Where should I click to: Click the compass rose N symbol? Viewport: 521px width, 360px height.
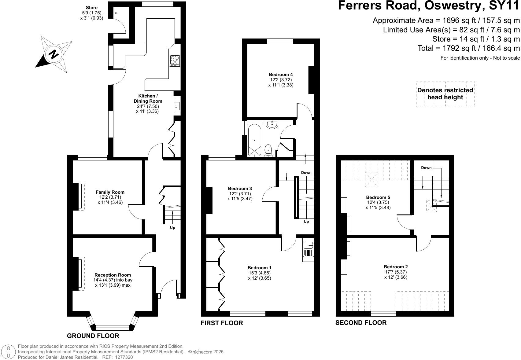pyautogui.click(x=54, y=55)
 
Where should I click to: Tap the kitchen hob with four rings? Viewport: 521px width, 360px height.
pyautogui.click(x=175, y=60)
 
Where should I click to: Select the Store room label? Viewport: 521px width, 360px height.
pyautogui.click(x=92, y=8)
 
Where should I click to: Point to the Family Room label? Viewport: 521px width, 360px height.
pyautogui.click(x=110, y=192)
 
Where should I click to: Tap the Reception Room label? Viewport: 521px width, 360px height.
pyautogui.click(x=113, y=275)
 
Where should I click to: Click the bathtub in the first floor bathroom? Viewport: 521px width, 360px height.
pyautogui.click(x=254, y=140)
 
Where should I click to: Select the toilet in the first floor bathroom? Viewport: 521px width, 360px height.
pyautogui.click(x=268, y=150)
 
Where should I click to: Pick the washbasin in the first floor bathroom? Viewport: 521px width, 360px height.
pyautogui.click(x=272, y=124)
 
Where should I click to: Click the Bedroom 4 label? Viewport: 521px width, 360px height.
pyautogui.click(x=281, y=75)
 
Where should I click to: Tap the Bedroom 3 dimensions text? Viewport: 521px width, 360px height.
pyautogui.click(x=240, y=196)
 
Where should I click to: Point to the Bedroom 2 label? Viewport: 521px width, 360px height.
pyautogui.click(x=396, y=267)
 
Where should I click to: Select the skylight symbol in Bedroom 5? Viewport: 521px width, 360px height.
pyautogui.click(x=372, y=179)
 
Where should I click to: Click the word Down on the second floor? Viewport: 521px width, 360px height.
pyautogui.click(x=426, y=167)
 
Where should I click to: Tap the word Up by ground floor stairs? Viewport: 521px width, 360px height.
pyautogui.click(x=172, y=228)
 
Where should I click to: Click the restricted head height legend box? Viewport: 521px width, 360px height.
pyautogui.click(x=445, y=94)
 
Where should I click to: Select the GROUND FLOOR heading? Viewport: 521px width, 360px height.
pyautogui.click(x=93, y=336)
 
